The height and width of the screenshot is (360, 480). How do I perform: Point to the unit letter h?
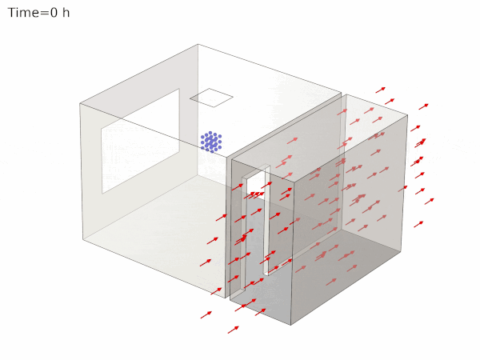[x=66, y=14]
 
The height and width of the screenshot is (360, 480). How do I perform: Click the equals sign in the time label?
[x=43, y=14]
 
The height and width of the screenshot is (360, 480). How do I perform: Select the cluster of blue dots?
[x=211, y=142]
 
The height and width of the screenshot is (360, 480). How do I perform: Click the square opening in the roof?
[x=211, y=98]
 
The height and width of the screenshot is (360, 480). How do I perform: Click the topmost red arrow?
[x=381, y=89]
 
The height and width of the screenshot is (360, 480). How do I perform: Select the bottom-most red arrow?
[x=233, y=329]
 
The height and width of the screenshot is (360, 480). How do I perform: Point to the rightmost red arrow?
[x=430, y=201]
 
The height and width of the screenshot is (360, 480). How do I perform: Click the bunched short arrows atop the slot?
[x=255, y=194]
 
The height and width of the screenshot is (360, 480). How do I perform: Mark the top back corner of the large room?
[x=198, y=45]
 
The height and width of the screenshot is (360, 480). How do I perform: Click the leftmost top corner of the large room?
[x=80, y=103]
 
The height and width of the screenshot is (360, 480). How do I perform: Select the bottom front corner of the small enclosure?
[x=291, y=324]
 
